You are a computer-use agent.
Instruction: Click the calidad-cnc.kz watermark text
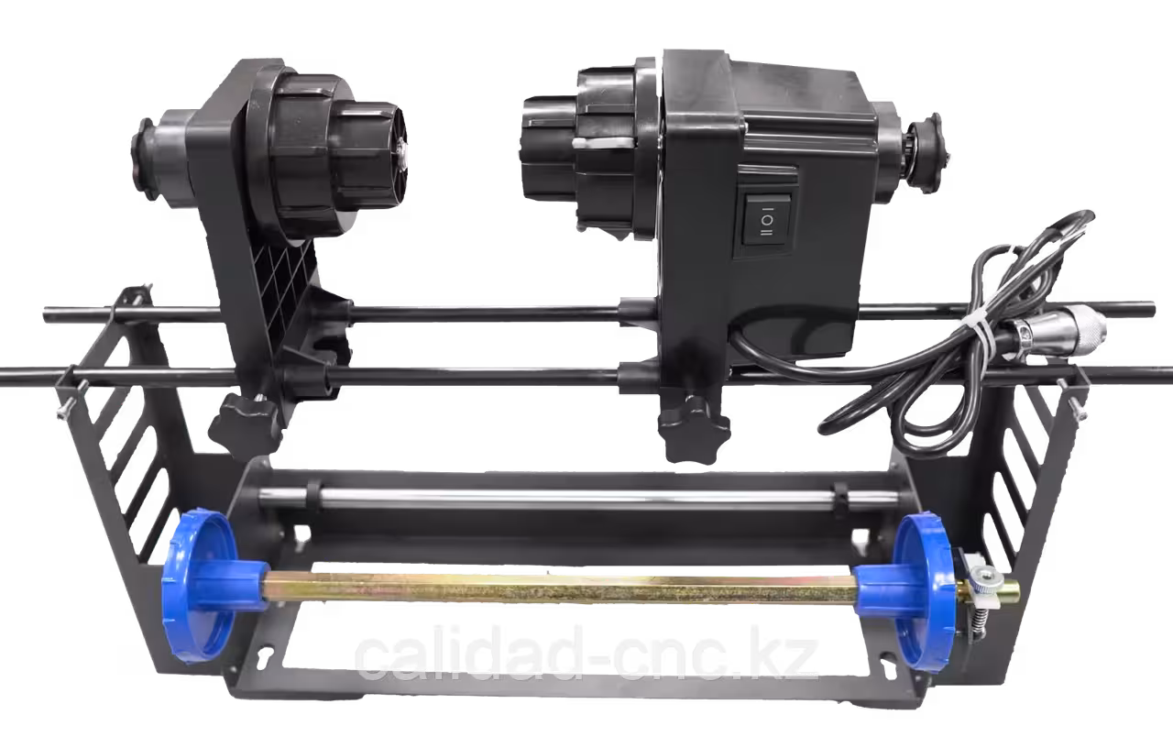click(x=586, y=654)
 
